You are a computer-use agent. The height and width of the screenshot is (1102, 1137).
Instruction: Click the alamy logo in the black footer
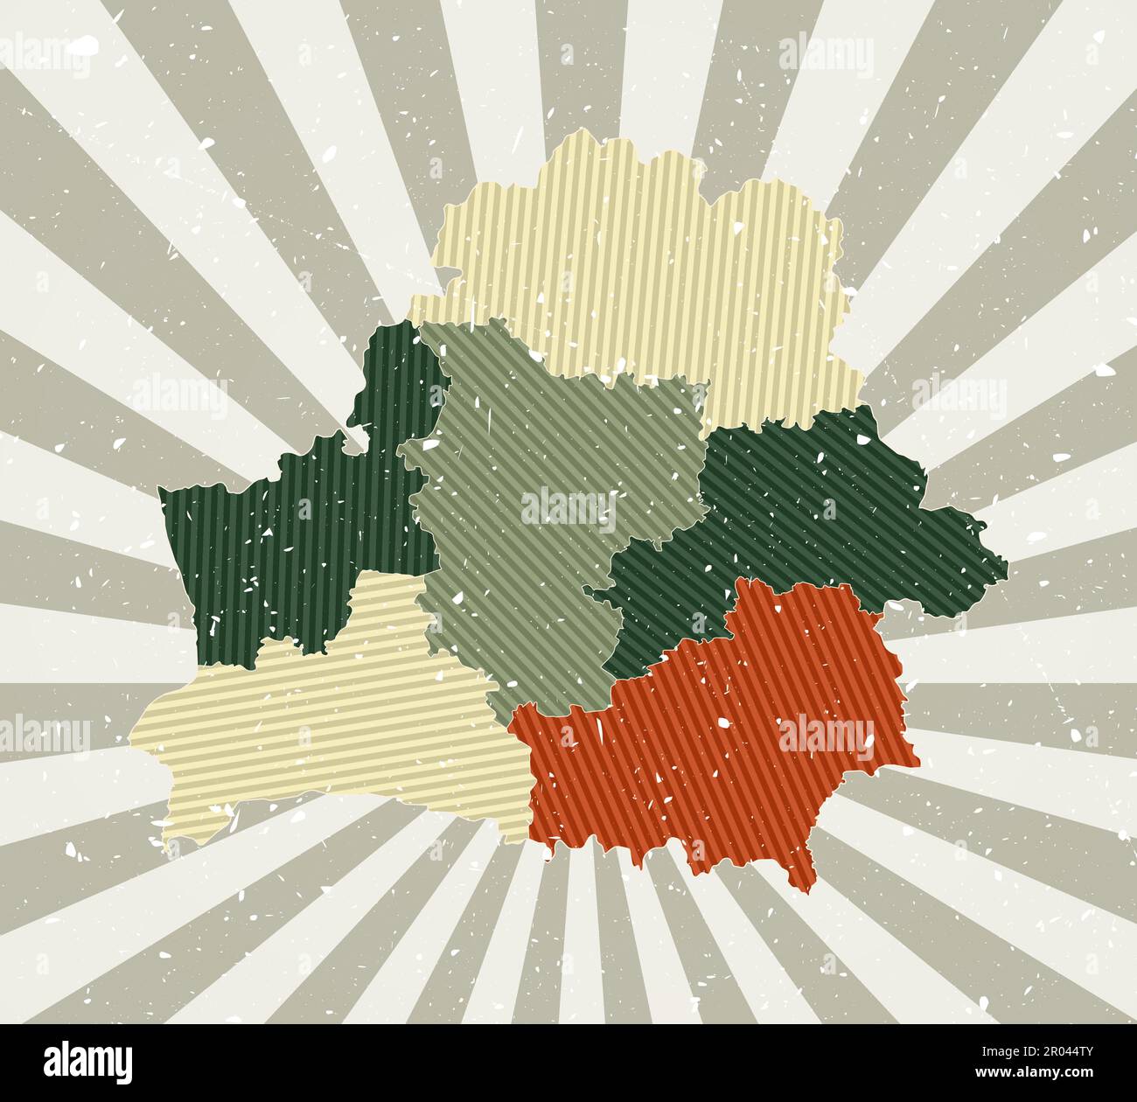[88, 1062]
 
